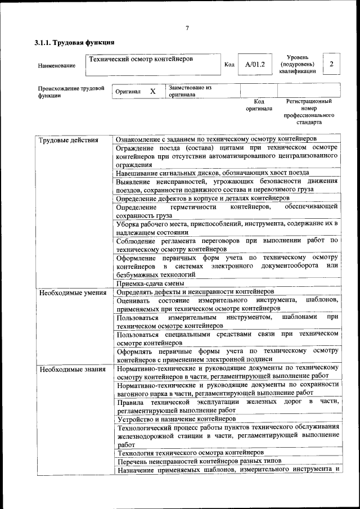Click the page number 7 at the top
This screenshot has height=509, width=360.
point(187,28)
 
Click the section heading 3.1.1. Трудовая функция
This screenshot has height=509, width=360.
point(74,42)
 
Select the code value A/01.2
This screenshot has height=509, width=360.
point(254,65)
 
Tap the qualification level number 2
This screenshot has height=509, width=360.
point(331,64)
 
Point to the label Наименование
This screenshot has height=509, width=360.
point(57,66)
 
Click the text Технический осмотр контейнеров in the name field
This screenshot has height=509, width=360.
point(141,58)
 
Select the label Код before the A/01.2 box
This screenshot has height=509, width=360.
point(229,65)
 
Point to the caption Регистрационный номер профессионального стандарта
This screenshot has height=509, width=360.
point(308,111)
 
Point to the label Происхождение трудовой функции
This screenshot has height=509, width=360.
point(71,92)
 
